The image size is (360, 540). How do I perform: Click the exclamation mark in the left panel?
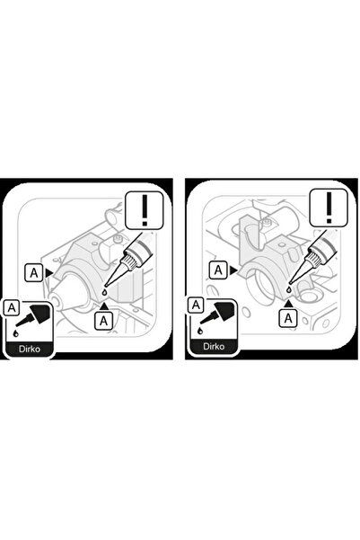[145, 210]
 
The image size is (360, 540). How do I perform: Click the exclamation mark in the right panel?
[329, 208]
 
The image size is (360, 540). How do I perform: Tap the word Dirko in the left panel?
[30, 349]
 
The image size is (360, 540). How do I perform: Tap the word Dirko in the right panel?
[214, 346]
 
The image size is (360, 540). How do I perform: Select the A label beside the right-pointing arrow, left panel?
[34, 273]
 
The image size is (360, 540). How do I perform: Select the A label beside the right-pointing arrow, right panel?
[218, 270]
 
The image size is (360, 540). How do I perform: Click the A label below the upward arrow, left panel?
[103, 321]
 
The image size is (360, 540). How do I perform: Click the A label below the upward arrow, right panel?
[288, 318]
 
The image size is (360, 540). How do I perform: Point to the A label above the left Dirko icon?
[12, 307]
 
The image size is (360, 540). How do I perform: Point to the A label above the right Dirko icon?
[196, 305]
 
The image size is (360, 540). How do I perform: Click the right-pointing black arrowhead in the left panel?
[48, 273]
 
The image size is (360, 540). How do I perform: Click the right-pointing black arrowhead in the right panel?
[233, 270]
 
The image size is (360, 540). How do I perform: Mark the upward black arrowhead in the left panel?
[104, 306]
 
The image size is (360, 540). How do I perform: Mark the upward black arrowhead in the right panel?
[289, 304]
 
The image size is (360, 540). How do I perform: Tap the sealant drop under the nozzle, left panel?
[104, 293]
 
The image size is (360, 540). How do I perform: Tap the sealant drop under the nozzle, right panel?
[289, 290]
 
